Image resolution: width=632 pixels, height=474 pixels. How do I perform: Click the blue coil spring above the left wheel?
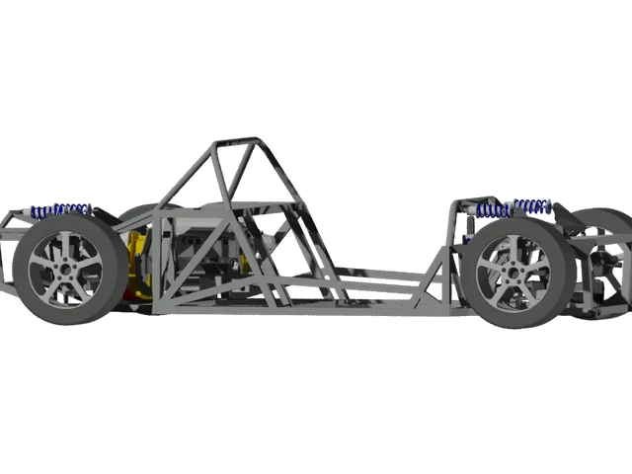coord(59,209)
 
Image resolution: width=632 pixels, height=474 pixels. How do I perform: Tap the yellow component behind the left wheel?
coord(139,262)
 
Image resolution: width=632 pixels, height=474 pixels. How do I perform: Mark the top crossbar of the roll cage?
coord(237,142)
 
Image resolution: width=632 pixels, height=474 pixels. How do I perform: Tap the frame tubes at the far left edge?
coord(8,247)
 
